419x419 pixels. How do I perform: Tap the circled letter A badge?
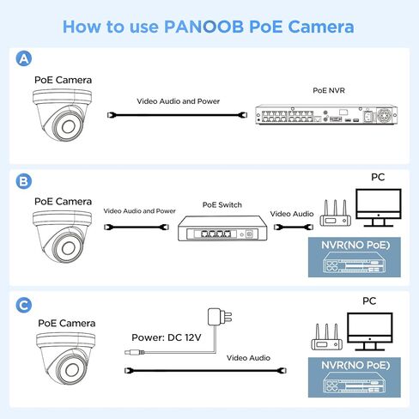pos(25,58)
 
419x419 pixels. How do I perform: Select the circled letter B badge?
pos(25,181)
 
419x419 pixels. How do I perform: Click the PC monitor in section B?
pos(378,209)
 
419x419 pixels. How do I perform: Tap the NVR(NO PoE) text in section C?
pos(350,364)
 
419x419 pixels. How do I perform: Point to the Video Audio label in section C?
pos(248,357)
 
